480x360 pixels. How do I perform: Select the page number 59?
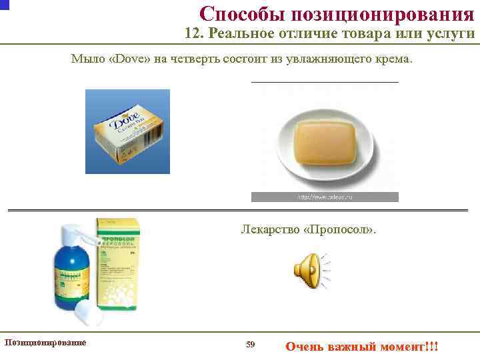(250, 344)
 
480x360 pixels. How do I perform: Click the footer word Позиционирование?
(45, 342)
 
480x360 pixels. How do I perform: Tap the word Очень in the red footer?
(304, 347)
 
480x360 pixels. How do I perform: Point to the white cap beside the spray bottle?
(89, 311)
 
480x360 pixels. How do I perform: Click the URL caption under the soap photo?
(324, 197)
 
